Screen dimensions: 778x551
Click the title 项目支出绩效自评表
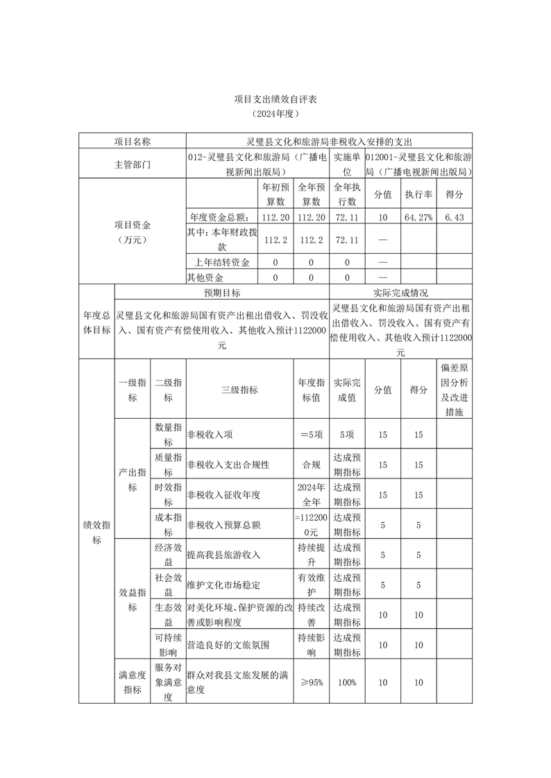pyautogui.click(x=275, y=99)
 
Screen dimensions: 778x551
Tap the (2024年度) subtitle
pyautogui.click(x=275, y=113)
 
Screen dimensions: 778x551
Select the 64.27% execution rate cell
pyautogui.click(x=418, y=217)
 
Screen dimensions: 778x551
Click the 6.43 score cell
pyautogui.click(x=455, y=217)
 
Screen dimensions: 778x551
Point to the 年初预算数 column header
pyautogui.click(x=275, y=194)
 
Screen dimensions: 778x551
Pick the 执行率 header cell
pyautogui.click(x=418, y=194)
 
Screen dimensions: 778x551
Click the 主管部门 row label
pyautogui.click(x=132, y=166)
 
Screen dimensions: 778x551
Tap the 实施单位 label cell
pyautogui.click(x=347, y=166)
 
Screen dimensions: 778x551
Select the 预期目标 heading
pyautogui.click(x=221, y=293)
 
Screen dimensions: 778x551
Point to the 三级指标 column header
pyautogui.click(x=239, y=390)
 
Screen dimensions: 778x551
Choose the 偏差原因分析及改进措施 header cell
pyautogui.click(x=455, y=390)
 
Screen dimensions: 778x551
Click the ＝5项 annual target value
pyautogui.click(x=312, y=435)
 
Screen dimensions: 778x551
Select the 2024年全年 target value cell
pyautogui.click(x=312, y=494)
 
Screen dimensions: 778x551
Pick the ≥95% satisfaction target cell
pyautogui.click(x=312, y=682)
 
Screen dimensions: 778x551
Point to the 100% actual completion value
pyautogui.click(x=347, y=682)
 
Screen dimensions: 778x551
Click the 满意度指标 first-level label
pyautogui.click(x=132, y=682)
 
